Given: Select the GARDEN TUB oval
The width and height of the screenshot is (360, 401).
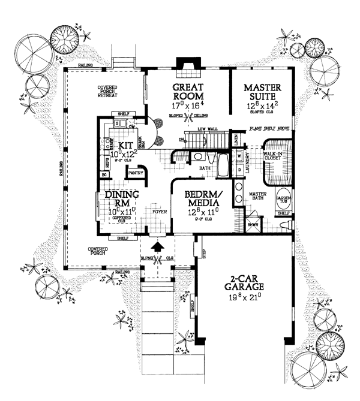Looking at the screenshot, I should click(x=283, y=200).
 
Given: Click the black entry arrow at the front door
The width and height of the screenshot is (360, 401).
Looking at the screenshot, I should click(x=157, y=246).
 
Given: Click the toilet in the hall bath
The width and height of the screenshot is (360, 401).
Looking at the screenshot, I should click(x=197, y=158).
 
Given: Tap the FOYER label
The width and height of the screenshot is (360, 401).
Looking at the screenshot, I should click(x=158, y=211).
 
